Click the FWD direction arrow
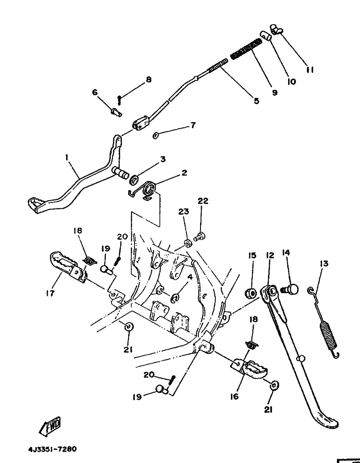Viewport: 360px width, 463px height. click(x=50, y=426)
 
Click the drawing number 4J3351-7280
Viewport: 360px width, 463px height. click(x=53, y=450)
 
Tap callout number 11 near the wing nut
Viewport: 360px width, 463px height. click(x=309, y=70)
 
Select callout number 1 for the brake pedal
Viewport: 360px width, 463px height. click(x=67, y=157)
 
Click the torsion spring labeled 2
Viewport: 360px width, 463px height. click(x=145, y=191)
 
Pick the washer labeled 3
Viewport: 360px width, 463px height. click(x=135, y=180)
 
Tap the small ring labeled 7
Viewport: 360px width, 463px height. click(x=156, y=135)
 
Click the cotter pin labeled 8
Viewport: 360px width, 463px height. click(x=119, y=100)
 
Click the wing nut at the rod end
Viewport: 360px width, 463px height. click(x=276, y=29)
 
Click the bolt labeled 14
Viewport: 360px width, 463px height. click(x=289, y=289)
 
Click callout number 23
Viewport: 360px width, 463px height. click(x=184, y=212)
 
